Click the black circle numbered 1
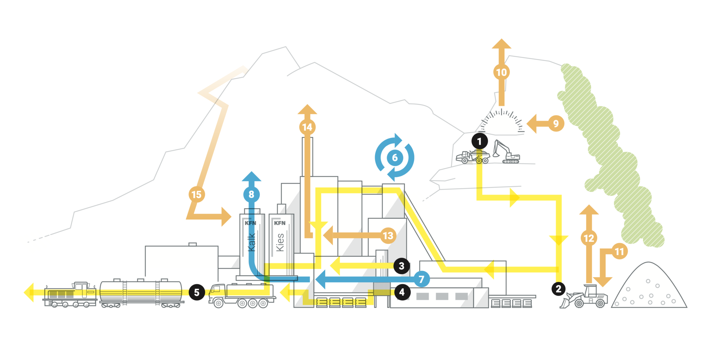pyautogui.click(x=479, y=141)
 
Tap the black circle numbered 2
pyautogui.click(x=558, y=289)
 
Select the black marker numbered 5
pyautogui.click(x=197, y=292)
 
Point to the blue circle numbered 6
pyautogui.click(x=395, y=158)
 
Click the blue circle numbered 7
pyautogui.click(x=422, y=279)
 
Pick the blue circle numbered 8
pyautogui.click(x=251, y=194)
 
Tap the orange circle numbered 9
pyautogui.click(x=556, y=123)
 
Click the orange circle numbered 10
pyautogui.click(x=501, y=72)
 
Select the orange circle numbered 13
pyautogui.click(x=388, y=235)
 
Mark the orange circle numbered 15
pyautogui.click(x=196, y=195)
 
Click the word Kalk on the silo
pyautogui.click(x=251, y=242)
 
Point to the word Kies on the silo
pyautogui.click(x=280, y=242)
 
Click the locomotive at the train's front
pyautogui.click(x=70, y=294)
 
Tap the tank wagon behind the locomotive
pyautogui.click(x=141, y=293)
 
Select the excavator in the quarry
pyautogui.click(x=506, y=152)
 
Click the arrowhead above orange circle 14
pyautogui.click(x=307, y=110)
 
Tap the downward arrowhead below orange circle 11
pyautogui.click(x=602, y=281)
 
